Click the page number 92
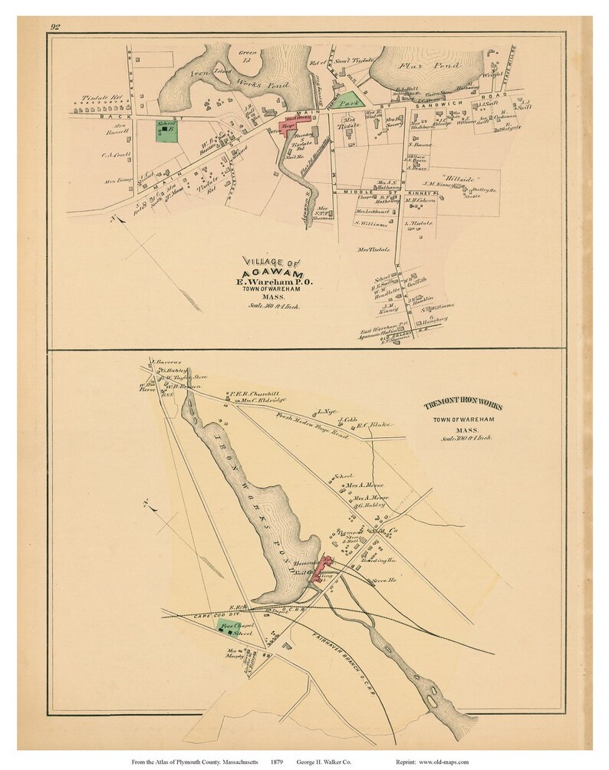point(55,28)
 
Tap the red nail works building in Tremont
point(324,568)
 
